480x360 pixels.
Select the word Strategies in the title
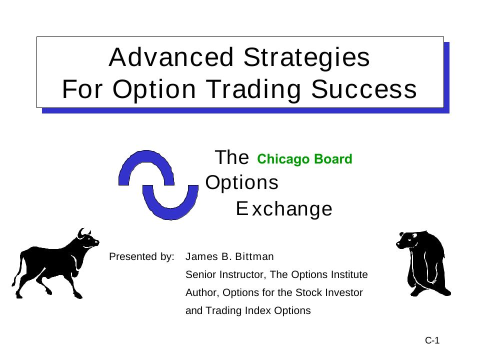tap(306, 57)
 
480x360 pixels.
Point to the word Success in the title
tap(364, 89)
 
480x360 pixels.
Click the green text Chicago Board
tap(304, 159)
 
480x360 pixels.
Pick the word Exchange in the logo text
tap(284, 209)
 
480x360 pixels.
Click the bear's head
tap(406, 240)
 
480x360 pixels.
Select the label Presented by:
tap(141, 257)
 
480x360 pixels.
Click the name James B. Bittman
tap(229, 257)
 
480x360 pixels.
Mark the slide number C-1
tap(432, 341)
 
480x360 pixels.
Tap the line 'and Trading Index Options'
tap(248, 311)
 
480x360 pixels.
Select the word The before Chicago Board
tap(231, 158)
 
